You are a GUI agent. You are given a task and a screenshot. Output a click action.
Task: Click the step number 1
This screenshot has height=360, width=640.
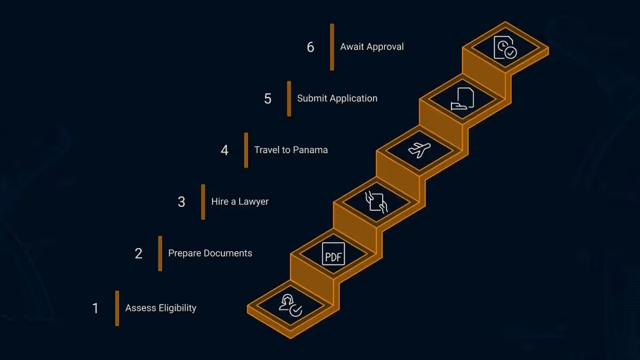tap(96, 308)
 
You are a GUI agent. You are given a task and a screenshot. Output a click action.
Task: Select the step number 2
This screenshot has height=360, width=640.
tap(139, 253)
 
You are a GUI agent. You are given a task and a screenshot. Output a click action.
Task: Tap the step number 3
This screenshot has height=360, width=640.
tap(181, 202)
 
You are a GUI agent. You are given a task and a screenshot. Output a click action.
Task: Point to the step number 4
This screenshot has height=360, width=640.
tap(224, 150)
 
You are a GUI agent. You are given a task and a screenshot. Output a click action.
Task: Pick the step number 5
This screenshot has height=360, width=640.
tap(268, 99)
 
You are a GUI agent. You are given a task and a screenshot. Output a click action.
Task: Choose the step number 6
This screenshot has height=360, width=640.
tap(311, 47)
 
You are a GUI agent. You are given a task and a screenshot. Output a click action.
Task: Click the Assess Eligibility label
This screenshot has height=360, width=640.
tap(161, 308)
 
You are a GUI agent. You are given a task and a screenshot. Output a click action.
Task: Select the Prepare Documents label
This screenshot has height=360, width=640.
tap(210, 253)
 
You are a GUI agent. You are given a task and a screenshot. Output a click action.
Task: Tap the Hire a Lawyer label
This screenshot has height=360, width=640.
tap(240, 202)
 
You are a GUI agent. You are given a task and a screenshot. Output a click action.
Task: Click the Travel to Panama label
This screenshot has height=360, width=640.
tap(291, 150)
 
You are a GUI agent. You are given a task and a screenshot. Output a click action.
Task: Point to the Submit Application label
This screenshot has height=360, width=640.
tap(337, 98)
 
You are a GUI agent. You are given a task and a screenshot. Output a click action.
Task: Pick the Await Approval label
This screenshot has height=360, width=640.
tap(372, 47)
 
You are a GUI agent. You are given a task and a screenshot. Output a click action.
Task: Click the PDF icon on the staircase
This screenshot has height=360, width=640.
tap(333, 254)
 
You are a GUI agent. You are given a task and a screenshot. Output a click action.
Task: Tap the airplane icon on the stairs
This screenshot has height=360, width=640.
tap(419, 149)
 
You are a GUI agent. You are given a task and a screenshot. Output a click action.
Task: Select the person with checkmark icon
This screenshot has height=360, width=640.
tap(290, 305)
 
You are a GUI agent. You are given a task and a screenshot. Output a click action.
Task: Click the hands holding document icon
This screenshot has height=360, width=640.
tap(376, 201)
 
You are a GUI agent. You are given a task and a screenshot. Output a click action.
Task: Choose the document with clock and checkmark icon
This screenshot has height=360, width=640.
tap(505, 48)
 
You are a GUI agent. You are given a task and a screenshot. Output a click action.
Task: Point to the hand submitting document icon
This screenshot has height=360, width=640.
tap(462, 98)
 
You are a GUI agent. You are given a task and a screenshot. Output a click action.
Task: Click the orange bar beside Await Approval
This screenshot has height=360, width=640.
tap(332, 47)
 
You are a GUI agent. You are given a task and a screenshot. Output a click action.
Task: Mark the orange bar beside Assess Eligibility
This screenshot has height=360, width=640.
tap(117, 308)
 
